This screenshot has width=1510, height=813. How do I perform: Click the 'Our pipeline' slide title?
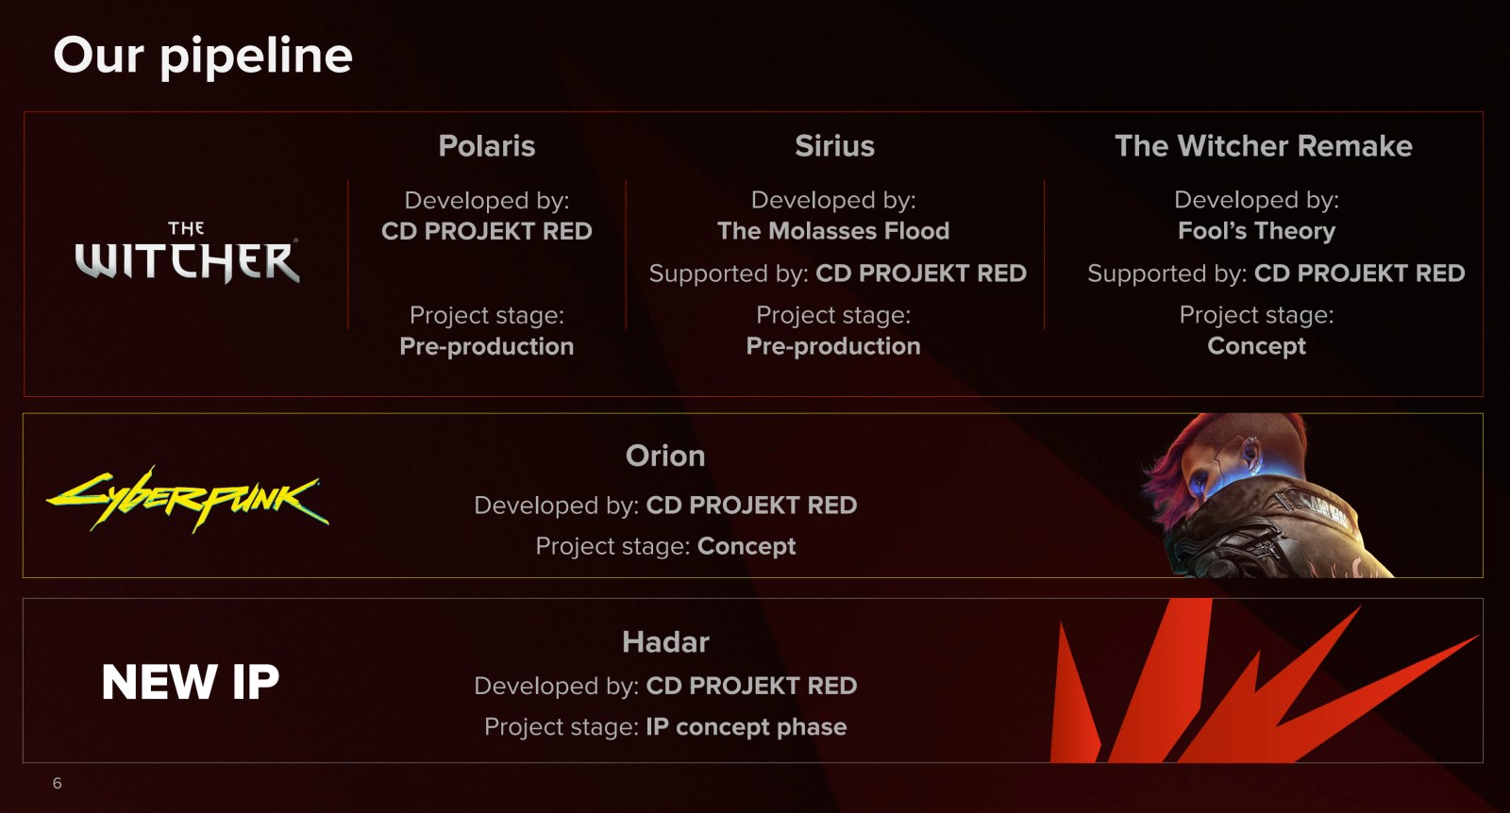(203, 57)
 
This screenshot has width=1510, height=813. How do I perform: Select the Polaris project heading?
(487, 146)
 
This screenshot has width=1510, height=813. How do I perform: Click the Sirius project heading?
(834, 146)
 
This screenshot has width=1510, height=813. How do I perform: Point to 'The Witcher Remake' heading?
(1264, 146)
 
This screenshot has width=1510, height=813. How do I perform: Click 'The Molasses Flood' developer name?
(833, 231)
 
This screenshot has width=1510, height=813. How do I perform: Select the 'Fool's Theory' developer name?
(1256, 231)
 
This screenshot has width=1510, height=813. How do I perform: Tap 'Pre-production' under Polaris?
(487, 346)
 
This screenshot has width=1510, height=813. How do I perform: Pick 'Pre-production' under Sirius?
(833, 346)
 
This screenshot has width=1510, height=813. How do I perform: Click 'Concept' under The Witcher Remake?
(1256, 346)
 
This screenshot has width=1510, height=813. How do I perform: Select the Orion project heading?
(665, 456)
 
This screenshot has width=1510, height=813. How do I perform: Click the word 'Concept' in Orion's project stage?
(747, 546)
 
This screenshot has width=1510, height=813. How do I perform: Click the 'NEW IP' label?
(190, 682)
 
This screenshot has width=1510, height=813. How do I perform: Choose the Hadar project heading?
(665, 642)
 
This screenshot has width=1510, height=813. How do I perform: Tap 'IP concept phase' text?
(747, 727)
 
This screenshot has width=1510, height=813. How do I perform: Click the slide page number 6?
(58, 784)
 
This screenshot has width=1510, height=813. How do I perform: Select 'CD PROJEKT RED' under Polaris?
(487, 231)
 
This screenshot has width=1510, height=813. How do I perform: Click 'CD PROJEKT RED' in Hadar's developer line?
(751, 686)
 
